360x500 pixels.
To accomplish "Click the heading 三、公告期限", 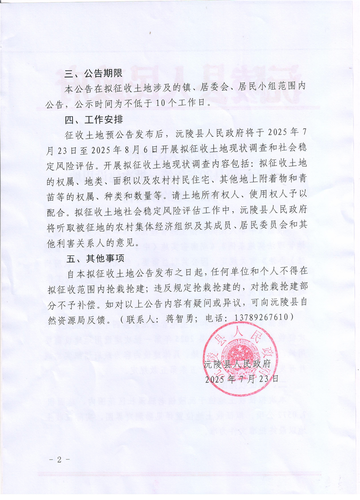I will coord(91,74).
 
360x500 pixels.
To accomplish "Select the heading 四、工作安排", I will coord(91,120).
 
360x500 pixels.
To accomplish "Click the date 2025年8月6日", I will coord(125,148).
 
